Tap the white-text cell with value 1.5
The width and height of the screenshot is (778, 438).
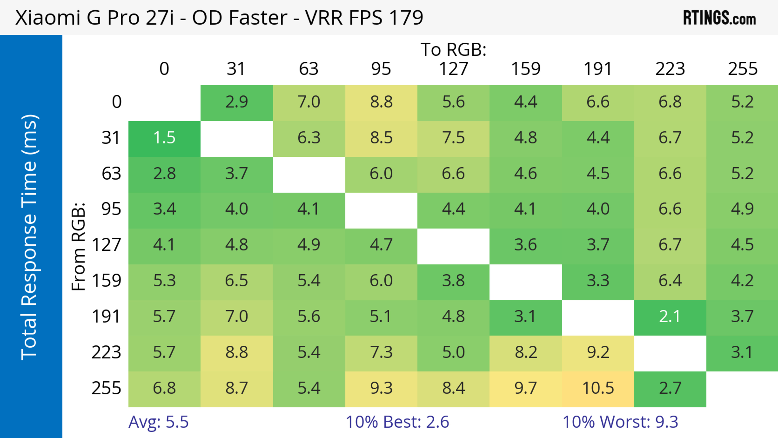point(164,138)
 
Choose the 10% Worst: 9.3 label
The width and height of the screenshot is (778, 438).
point(620,422)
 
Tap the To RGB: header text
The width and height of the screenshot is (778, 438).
point(453,49)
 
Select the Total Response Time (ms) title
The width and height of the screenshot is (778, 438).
point(30,237)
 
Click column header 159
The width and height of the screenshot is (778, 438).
point(526,69)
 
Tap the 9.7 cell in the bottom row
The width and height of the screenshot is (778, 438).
point(526,388)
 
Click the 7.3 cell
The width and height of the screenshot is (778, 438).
point(381,352)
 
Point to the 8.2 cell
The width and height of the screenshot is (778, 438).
point(526,352)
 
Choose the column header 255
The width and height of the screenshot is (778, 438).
point(742,69)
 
